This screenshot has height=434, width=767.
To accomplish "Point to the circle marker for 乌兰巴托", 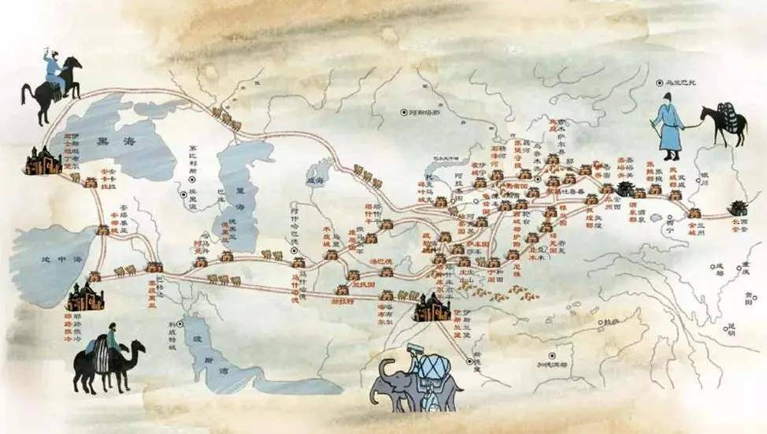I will pos(660,82).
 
